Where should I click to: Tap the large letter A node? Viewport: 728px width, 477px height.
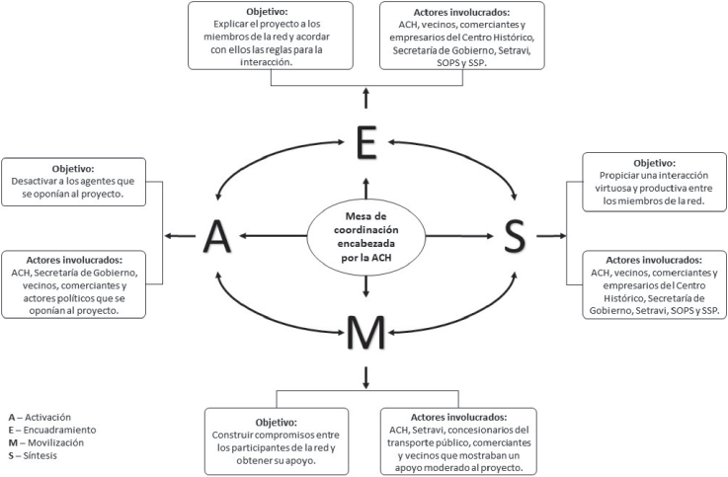[216, 236]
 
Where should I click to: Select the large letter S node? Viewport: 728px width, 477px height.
[515, 236]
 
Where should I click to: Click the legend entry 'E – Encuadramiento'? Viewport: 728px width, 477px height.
[50, 430]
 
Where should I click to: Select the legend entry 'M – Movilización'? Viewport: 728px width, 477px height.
[45, 443]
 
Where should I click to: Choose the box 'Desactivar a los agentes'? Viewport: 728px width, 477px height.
[74, 183]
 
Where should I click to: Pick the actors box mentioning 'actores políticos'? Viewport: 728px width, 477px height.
[74, 283]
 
